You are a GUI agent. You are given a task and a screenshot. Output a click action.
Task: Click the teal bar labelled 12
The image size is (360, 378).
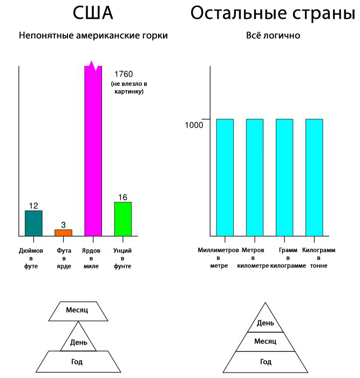(x=33, y=223)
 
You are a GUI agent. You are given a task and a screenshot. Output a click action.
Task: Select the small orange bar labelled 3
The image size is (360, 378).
(x=63, y=233)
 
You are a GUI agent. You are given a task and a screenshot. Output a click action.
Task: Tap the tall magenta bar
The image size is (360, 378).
(x=93, y=151)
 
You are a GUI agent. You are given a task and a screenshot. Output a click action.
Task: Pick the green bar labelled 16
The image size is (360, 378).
(x=123, y=219)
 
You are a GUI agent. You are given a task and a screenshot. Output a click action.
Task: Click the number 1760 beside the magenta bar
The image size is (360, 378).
(x=124, y=74)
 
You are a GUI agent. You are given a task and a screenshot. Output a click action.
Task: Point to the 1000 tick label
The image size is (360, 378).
(x=194, y=125)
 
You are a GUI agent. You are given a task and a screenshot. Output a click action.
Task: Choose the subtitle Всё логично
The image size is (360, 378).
(x=273, y=36)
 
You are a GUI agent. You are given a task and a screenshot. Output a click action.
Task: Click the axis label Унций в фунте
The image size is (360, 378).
(x=123, y=259)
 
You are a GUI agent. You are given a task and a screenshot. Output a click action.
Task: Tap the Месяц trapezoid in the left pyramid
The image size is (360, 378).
(x=77, y=309)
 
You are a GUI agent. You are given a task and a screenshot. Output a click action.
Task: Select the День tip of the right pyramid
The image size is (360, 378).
(x=265, y=322)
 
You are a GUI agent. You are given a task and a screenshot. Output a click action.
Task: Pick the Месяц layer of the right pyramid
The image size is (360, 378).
(x=265, y=341)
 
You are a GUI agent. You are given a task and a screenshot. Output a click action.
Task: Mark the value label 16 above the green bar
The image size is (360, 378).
(x=123, y=197)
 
